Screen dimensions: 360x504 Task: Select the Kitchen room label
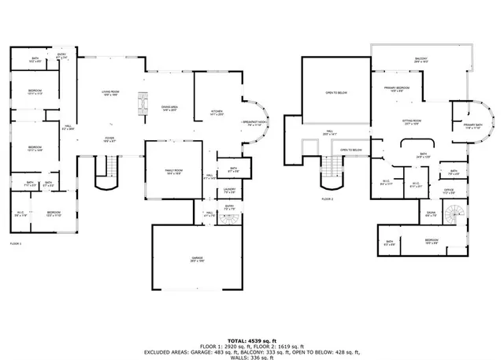point(218,113)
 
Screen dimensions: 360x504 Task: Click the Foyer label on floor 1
point(109,139)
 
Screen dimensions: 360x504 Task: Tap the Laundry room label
point(229,190)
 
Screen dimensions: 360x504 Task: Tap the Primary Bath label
point(472,126)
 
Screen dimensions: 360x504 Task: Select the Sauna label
point(432,213)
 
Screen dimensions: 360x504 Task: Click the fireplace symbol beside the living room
point(143,105)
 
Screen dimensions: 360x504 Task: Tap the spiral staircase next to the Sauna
point(456,213)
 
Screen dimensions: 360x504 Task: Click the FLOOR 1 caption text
point(16,243)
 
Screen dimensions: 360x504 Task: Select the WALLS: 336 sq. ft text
point(252,358)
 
